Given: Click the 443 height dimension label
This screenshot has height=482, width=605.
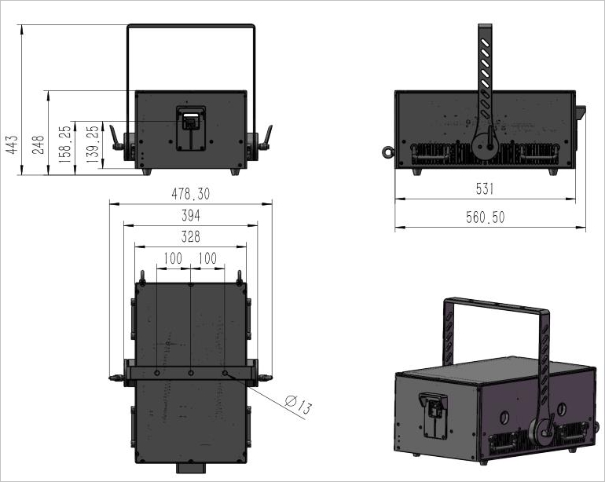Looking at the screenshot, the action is pos(12,144).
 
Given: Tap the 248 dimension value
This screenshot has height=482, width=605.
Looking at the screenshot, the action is pos(38,144).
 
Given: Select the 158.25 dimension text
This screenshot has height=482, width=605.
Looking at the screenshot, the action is pos(65,144).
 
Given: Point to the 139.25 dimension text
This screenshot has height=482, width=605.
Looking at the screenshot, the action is pos(93,144).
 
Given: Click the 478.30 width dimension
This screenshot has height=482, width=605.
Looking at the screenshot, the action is pos(191,194).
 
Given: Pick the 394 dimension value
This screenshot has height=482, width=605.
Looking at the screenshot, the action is pos(191,216).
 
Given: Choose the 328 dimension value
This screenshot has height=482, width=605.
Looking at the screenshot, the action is pos(191,236).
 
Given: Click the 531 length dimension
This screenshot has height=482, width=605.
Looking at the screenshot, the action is pos(485,188).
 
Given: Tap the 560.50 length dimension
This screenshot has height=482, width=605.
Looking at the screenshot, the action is pos(485,217).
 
